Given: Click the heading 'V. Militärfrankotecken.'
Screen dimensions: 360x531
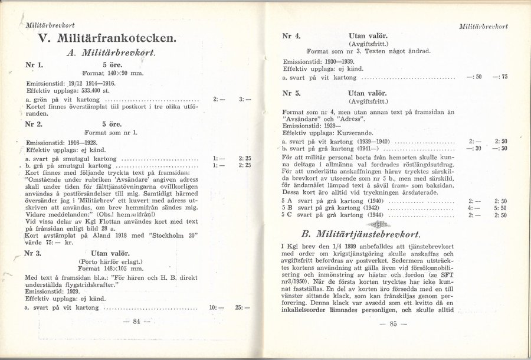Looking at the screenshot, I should pyautogui.click(x=106, y=40).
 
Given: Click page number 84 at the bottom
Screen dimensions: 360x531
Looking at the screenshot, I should pyautogui.click(x=136, y=321).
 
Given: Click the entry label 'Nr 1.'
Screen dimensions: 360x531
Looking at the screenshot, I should pyautogui.click(x=34, y=64).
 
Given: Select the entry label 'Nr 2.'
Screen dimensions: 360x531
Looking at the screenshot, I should pyautogui.click(x=34, y=125).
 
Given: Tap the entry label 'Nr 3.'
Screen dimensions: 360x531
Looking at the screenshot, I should pyautogui.click(x=34, y=254).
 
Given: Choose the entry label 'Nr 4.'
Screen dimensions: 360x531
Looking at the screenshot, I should pyautogui.click(x=291, y=35).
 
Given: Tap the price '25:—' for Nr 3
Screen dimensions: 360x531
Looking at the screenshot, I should pyautogui.click(x=242, y=308).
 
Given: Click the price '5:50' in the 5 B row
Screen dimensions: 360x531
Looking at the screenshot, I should pyautogui.click(x=501, y=208).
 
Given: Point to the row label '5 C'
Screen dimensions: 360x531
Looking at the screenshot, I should pyautogui.click(x=287, y=215).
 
